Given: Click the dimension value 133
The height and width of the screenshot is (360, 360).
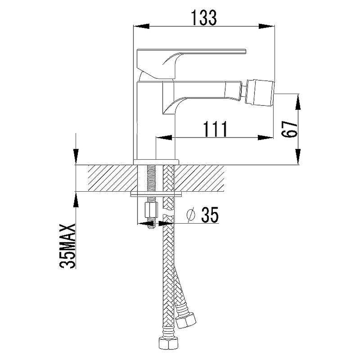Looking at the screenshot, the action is (x=204, y=18).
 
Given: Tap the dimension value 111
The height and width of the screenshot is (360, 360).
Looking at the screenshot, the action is (x=215, y=129).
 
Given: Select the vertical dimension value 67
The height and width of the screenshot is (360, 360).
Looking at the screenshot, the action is (x=289, y=129).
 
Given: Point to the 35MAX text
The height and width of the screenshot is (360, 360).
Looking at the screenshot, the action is (x=67, y=246).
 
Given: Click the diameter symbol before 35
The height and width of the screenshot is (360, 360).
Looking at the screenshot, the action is (x=191, y=215).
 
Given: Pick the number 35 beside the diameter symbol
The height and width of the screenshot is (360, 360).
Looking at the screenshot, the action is (x=210, y=215).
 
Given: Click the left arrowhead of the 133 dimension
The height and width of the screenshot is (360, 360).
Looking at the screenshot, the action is (x=141, y=26).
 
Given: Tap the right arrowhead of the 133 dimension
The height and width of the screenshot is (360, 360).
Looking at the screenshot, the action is (x=267, y=26).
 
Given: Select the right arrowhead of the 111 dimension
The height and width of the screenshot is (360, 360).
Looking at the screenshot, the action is (x=265, y=138).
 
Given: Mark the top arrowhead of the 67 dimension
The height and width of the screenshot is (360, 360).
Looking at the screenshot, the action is (x=298, y=102).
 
